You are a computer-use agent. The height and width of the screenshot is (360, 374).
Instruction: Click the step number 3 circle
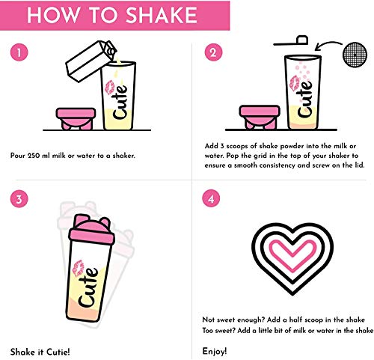pos(21,200)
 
